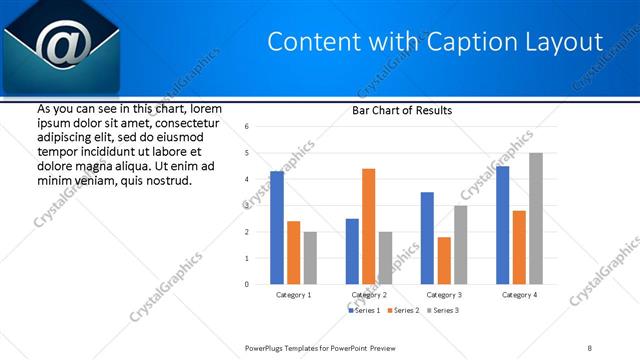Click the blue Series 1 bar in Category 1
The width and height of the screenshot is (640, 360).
pyautogui.click(x=277, y=228)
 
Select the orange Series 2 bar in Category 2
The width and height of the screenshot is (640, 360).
pyautogui.click(x=368, y=226)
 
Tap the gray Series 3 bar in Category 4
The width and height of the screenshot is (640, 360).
pyautogui.click(x=536, y=218)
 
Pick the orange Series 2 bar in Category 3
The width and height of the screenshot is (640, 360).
pyautogui.click(x=444, y=260)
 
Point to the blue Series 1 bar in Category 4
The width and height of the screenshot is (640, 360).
pyautogui.click(x=502, y=225)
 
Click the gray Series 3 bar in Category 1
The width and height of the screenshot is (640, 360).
pyautogui.click(x=310, y=258)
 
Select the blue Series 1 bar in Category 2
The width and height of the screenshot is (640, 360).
pyautogui.click(x=352, y=251)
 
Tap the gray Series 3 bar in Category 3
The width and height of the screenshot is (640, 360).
pyautogui.click(x=460, y=245)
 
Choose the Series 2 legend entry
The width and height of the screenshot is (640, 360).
pyautogui.click(x=403, y=311)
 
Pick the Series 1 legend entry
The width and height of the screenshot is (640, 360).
pyautogui.click(x=364, y=311)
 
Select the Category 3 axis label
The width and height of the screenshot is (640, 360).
pyautogui.click(x=443, y=295)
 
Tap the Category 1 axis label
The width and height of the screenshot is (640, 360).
pyautogui.click(x=293, y=295)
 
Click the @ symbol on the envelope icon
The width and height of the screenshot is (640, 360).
pyautogui.click(x=59, y=46)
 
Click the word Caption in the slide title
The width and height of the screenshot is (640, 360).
pyautogui.click(x=465, y=42)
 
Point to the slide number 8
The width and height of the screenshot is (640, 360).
pyautogui.click(x=590, y=347)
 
